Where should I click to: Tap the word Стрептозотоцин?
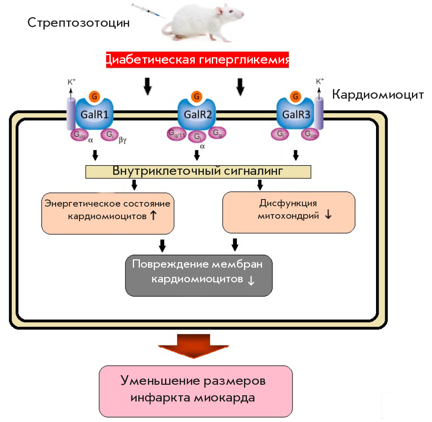79,23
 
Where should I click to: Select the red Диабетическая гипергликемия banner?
196,60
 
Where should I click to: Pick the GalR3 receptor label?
296,114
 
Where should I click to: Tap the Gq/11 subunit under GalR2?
176,133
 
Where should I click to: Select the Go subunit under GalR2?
216,133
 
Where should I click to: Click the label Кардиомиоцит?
378,95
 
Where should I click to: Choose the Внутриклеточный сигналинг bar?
198,171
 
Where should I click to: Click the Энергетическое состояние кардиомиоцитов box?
108,212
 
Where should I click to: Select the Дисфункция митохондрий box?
289,212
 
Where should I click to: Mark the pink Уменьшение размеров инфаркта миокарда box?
196,391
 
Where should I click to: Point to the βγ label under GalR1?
122,141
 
